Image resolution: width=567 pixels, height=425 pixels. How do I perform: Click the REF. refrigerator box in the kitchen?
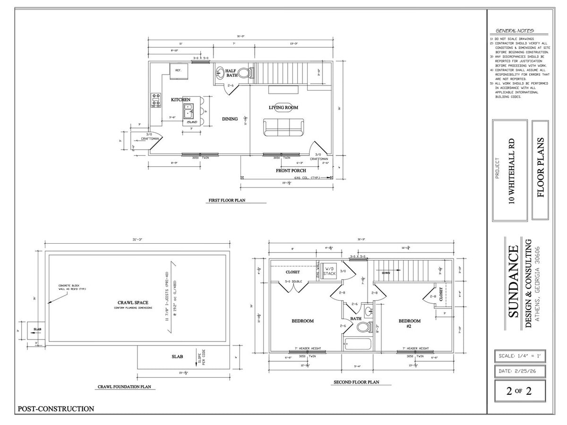pos(179,71)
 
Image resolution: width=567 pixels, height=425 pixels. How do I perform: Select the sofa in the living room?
pos(283,127)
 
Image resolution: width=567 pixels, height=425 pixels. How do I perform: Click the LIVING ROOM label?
pos(283,108)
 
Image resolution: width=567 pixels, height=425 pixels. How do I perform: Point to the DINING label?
pos(230,119)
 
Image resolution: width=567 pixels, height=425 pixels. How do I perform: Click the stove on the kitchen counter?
pos(156,100)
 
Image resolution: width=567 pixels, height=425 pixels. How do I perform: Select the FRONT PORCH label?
pos(292,170)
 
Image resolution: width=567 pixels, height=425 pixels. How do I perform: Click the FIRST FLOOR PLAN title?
pos(227,201)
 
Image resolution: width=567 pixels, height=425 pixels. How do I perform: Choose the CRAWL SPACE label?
pos(133,303)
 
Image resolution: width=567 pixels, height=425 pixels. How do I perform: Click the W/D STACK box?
pos(329,271)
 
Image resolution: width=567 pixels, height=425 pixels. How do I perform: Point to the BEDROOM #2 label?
pos(409,323)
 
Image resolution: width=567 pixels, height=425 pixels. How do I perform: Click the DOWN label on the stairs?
pos(386,273)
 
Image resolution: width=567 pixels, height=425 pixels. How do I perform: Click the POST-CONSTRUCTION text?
pos(56,409)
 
